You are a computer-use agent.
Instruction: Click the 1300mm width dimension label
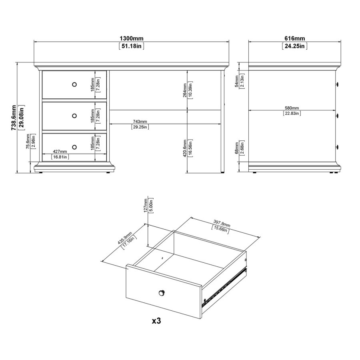click(131, 38)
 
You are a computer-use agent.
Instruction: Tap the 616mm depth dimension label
click(295, 38)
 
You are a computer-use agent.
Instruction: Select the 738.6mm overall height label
click(14, 118)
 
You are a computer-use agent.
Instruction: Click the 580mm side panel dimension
click(292, 108)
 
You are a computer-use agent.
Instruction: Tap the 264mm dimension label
click(185, 90)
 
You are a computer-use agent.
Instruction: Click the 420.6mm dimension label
click(185, 148)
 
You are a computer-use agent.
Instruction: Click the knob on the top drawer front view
click(74, 84)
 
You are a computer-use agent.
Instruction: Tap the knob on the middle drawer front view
click(74, 116)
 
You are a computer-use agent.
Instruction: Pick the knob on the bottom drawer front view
click(74, 147)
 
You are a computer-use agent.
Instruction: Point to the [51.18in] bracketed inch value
click(131, 46)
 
